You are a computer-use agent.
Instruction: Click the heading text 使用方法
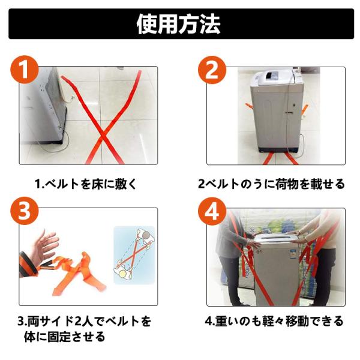tap(179, 24)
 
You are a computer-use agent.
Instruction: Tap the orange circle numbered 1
tap(25, 70)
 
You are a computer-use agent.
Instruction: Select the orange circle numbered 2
tap(212, 70)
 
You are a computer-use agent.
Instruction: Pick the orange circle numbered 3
tap(25, 211)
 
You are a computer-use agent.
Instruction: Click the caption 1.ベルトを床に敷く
tap(86, 184)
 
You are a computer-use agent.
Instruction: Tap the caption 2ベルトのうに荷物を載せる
tap(271, 184)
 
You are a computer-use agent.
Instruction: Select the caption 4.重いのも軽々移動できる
tap(274, 321)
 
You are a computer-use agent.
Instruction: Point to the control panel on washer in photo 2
tap(272, 76)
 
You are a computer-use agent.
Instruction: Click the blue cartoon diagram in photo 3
tap(134, 255)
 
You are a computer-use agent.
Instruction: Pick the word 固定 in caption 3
tap(59, 337)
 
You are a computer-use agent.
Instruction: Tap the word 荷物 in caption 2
tap(287, 184)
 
